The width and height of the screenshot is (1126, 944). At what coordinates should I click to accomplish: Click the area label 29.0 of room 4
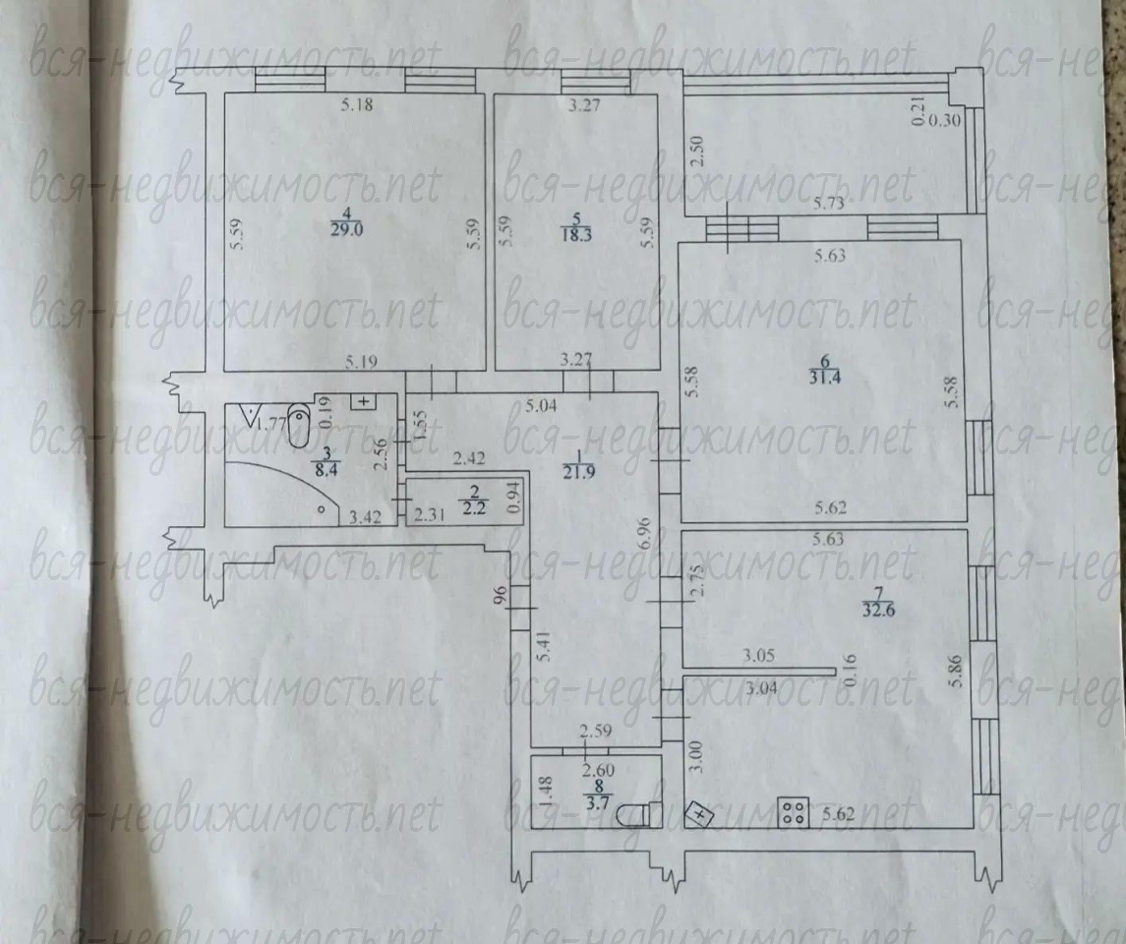[x=347, y=230]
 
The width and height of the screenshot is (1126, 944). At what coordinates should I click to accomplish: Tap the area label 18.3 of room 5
[x=576, y=234]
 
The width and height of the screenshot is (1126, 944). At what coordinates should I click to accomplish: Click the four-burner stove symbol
[x=794, y=812]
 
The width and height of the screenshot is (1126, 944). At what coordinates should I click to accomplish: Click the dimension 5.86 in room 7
[x=955, y=672]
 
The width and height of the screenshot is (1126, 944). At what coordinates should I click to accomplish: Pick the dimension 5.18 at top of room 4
[x=357, y=105]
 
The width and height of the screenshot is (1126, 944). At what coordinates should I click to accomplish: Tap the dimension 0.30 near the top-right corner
[x=944, y=121]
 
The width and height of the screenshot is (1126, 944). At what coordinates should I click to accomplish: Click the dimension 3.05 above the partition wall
[x=758, y=656]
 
